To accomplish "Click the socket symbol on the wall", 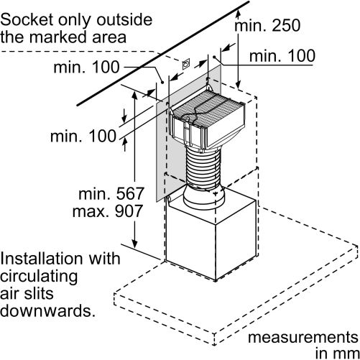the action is coord(186,64).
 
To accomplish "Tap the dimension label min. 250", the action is coord(267,25).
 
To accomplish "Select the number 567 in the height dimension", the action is coord(130,193).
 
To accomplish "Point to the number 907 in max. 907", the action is coord(129,211).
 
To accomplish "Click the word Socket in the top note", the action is coord(27,19).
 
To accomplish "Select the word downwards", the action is coord(47,310).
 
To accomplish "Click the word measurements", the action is coord(303,338).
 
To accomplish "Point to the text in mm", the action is coord(337,353).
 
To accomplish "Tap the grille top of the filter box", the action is coord(208,107).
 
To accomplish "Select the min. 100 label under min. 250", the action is coord(282,56).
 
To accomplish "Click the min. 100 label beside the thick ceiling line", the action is coord(86,67).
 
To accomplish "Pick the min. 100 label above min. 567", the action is coord(83,136).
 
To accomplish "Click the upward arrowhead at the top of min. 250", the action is coord(238,13).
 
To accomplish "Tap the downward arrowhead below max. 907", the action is coord(134,244).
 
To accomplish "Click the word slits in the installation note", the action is coord(39,293).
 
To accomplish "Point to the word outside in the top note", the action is coord(124,19).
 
